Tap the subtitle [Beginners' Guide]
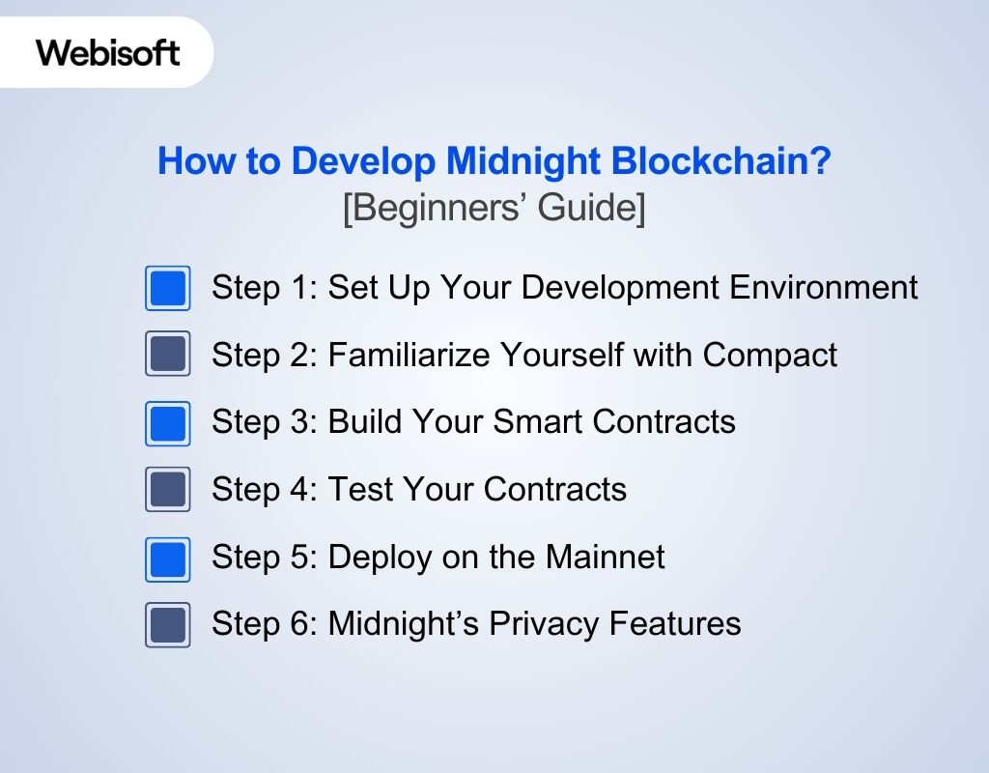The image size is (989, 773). tap(494, 209)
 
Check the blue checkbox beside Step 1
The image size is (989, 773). tap(168, 289)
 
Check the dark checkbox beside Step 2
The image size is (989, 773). tap(168, 355)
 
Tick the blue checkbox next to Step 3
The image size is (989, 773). tap(168, 423)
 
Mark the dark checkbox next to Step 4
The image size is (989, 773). tap(168, 490)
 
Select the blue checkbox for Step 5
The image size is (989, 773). tap(168, 558)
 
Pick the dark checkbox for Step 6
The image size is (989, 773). tap(168, 625)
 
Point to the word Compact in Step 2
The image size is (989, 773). tap(770, 355)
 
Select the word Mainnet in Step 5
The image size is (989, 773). tap(605, 557)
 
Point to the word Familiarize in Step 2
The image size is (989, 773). tap(410, 355)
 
